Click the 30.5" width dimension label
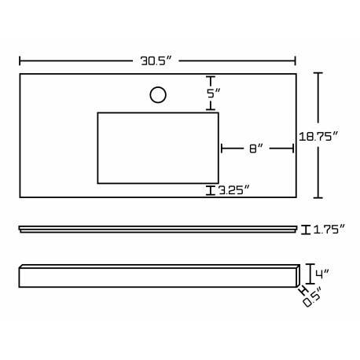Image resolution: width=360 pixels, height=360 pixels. pos(156,61)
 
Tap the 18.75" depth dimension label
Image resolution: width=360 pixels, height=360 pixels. pos(318,137)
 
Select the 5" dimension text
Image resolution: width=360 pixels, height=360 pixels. pos(214,94)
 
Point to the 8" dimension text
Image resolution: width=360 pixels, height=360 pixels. pos(255,149)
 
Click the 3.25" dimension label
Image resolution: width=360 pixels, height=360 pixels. pos(233,190)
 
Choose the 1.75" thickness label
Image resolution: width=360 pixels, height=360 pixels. pos(329,230)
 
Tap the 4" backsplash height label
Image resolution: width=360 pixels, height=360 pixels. pos(322,274)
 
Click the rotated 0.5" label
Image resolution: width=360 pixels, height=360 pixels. pos(312,297)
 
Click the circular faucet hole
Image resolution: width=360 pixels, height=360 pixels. pos(158,95)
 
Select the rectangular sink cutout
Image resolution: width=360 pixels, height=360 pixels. pos(158,148)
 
